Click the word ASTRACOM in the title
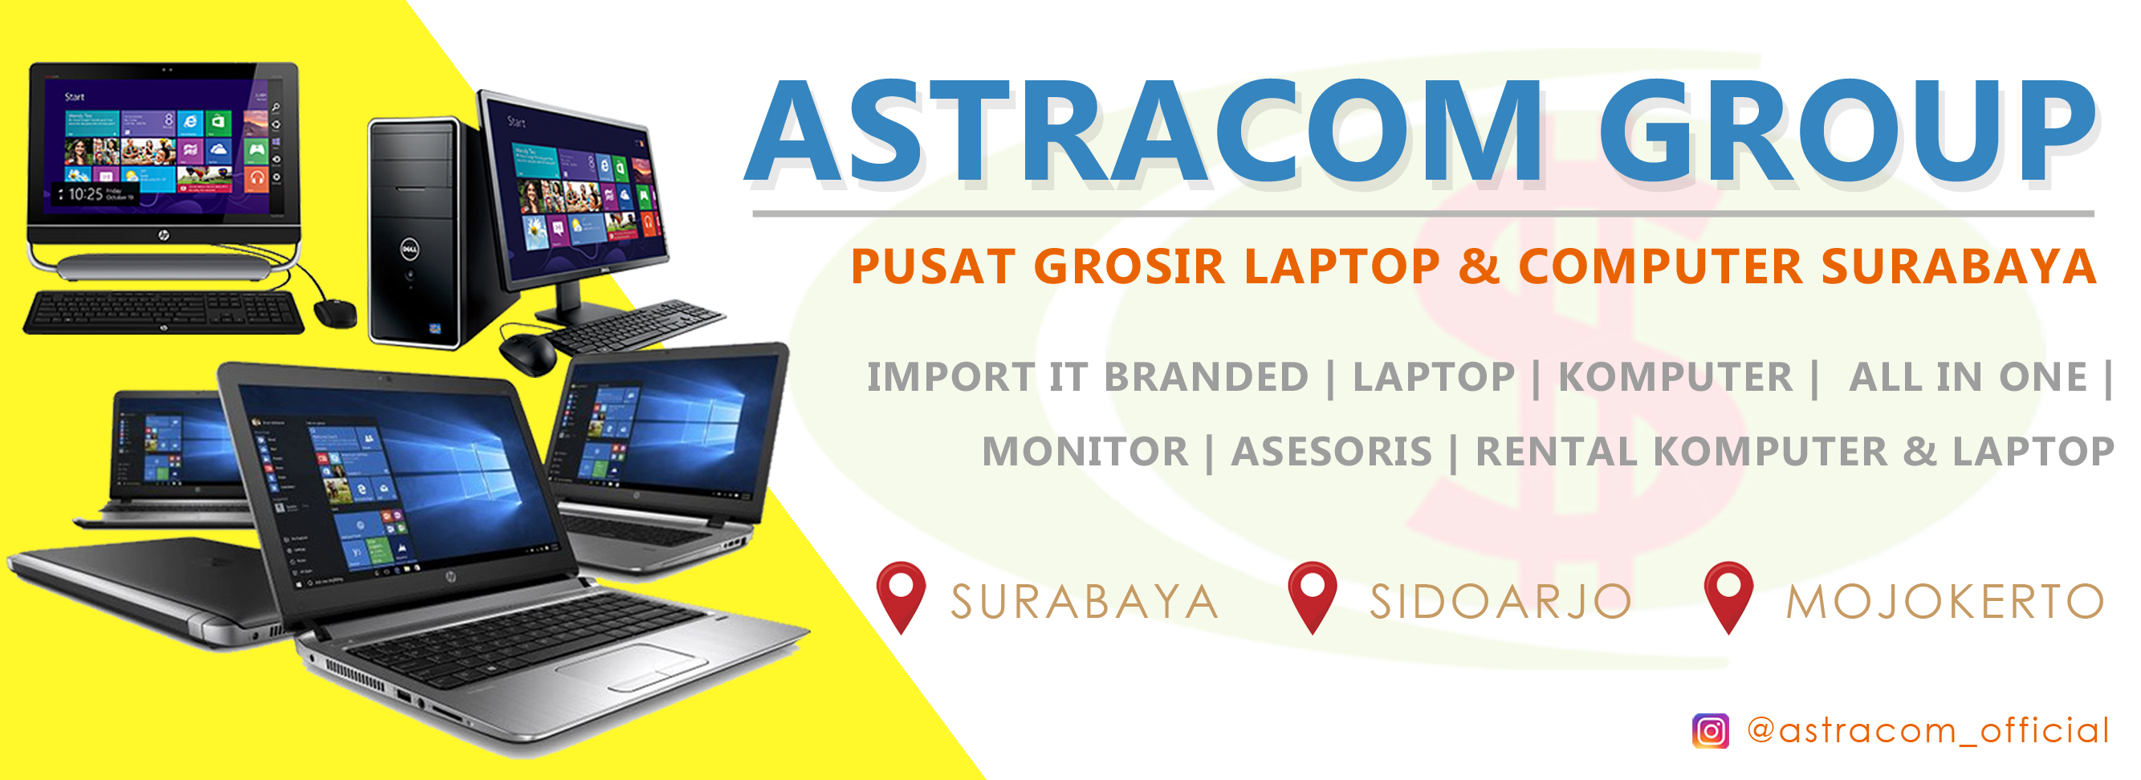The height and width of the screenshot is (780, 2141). point(1144,132)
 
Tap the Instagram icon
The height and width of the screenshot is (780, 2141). point(1711,731)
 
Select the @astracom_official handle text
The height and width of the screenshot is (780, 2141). point(1927,730)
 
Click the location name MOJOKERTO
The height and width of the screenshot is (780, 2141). point(1945,601)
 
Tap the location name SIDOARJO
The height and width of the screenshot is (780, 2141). point(1500,601)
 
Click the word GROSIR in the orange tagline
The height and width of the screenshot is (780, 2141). point(1130,266)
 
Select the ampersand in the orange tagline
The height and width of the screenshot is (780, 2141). point(1479,266)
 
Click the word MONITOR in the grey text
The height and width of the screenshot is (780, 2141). point(1085,452)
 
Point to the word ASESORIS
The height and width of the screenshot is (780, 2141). point(1332,452)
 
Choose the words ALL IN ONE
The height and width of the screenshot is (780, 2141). point(1968,377)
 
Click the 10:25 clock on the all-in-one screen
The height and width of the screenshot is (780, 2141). point(86,194)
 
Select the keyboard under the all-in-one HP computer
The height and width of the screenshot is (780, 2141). point(164,312)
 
